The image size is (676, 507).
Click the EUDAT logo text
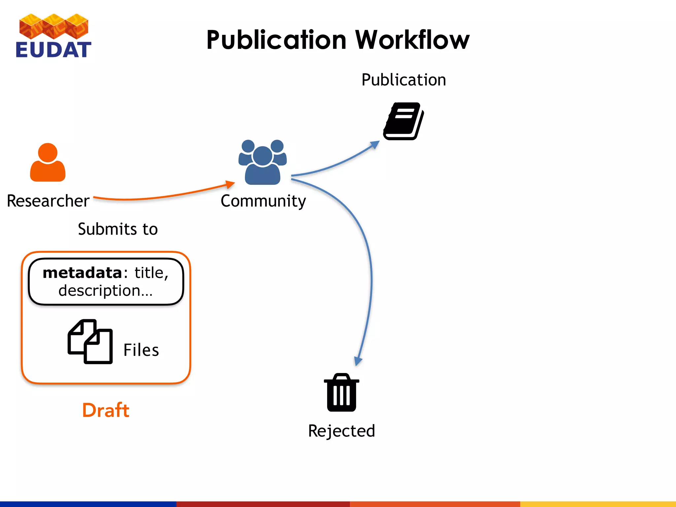coord(53,50)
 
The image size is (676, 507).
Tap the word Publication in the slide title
coord(277,40)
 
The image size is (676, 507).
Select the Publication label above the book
coord(403,80)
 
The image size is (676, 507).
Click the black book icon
coord(403,121)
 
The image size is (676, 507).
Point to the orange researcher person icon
coord(48,162)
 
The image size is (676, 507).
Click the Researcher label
coord(48,201)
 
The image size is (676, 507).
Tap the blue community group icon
coord(262,162)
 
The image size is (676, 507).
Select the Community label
coord(263,201)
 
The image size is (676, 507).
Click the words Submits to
coord(118,229)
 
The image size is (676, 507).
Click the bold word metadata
coord(83,273)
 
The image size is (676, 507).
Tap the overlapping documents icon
coord(90,342)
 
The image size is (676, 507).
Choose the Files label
coord(141,350)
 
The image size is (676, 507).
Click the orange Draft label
coord(106,410)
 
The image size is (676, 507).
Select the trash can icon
coord(342,392)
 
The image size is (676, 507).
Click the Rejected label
coord(342,431)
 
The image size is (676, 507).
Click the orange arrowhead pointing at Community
coord(230,184)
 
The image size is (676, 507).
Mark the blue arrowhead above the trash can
coord(358,361)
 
